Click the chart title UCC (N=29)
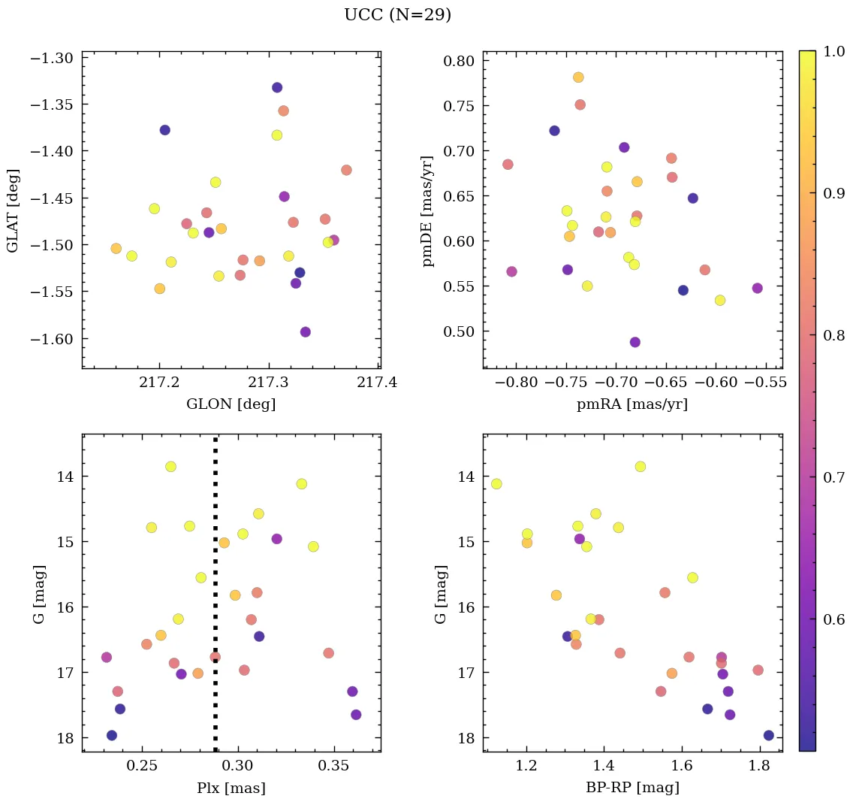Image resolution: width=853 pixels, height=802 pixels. [397, 15]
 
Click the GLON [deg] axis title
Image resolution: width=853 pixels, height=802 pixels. [231, 404]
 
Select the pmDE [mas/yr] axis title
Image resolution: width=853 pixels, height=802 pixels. [429, 211]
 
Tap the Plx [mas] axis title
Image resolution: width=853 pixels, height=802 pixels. [231, 788]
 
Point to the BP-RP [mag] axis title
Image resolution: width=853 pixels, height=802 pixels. [631, 788]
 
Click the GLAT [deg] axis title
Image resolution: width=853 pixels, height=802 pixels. [13, 211]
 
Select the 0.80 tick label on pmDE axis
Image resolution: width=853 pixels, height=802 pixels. [462, 61]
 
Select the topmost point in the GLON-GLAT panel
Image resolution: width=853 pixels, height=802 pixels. [277, 87]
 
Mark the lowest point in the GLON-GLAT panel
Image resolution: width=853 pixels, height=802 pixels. [305, 332]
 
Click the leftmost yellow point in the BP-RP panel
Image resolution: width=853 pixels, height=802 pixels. [496, 484]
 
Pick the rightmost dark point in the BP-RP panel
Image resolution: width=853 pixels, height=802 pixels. [768, 735]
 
